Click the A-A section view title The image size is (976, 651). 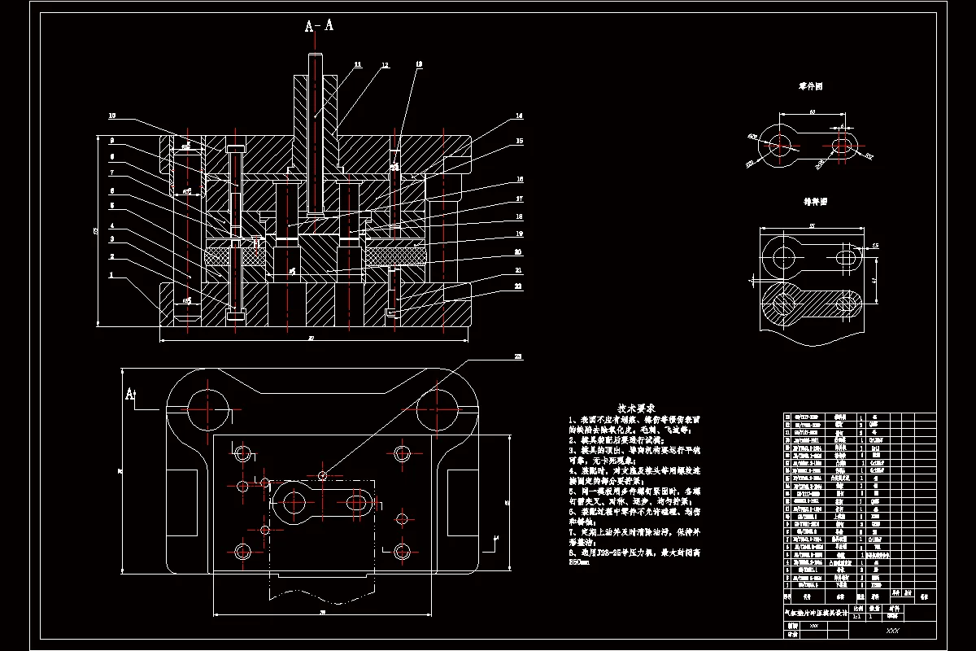coord(319,26)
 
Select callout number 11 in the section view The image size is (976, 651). coord(357,63)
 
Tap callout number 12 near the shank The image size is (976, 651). coord(385,63)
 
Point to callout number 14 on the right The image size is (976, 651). coord(517,116)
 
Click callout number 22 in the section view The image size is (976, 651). coord(517,286)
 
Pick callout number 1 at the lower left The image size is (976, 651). coord(112,275)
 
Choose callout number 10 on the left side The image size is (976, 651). coord(112,116)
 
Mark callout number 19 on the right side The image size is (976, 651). coord(517,234)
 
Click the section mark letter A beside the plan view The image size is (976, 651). coord(129,394)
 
